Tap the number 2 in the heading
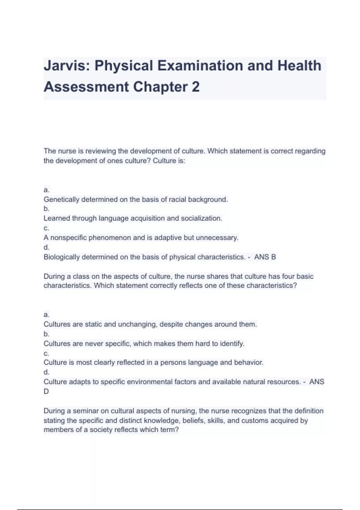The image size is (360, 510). click(x=195, y=87)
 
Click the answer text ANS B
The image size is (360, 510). click(x=265, y=257)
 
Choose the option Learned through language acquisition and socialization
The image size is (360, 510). click(x=133, y=218)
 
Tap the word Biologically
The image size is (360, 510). click(x=61, y=257)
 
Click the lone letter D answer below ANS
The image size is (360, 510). click(x=46, y=391)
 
